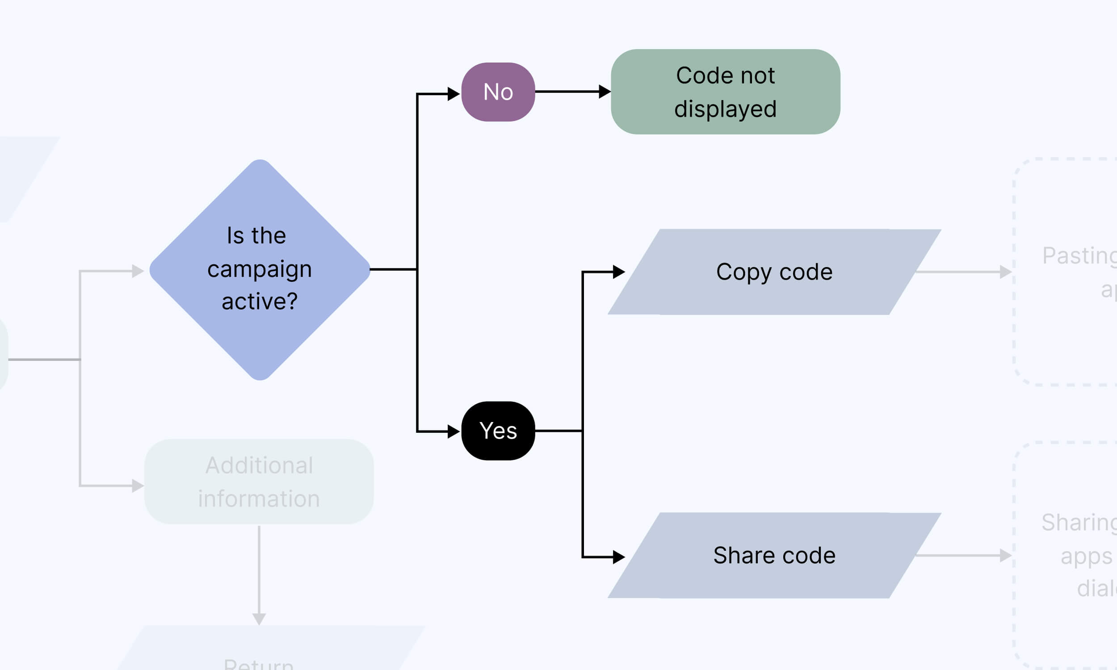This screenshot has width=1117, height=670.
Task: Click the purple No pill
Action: point(498,92)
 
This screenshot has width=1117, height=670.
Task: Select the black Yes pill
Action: point(498,431)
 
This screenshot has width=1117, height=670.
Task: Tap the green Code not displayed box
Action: point(725,92)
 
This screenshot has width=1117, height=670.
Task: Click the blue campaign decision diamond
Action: point(260,269)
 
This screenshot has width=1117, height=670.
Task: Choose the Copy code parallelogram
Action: point(774,272)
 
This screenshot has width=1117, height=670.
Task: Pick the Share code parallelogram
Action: point(774,555)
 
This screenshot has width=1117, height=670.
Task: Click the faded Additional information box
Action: point(259,482)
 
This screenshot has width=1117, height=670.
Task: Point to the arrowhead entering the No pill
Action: point(454,94)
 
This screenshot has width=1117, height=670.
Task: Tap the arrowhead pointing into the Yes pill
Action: point(454,431)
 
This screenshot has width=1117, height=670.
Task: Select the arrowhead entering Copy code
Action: point(618,272)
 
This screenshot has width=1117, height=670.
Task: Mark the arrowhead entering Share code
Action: point(618,557)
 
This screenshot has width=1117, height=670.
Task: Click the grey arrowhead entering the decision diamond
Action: point(138,271)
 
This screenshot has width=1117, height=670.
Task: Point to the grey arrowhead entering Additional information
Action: point(138,486)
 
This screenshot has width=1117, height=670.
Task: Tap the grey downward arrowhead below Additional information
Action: point(259,619)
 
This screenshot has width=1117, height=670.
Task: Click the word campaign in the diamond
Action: point(260,269)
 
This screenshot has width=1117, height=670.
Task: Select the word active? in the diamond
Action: point(260,301)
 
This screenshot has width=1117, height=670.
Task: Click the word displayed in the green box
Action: point(725,109)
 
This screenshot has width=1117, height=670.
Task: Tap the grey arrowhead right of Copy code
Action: point(1005,272)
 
